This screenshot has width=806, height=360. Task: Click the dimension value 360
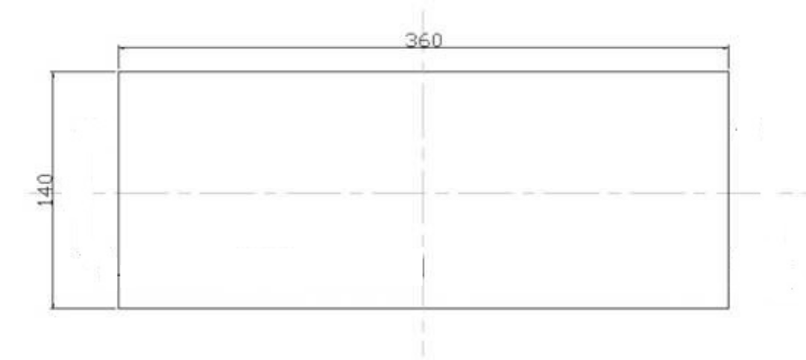[424, 40]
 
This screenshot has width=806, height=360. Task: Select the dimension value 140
[46, 191]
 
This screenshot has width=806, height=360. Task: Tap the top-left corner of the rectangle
[118, 72]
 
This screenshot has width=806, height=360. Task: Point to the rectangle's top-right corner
[729, 72]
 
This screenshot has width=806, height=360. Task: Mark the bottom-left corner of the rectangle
[118, 308]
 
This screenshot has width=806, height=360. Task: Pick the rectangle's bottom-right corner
[729, 308]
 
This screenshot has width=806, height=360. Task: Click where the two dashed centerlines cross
[423, 194]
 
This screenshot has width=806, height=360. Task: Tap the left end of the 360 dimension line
[118, 48]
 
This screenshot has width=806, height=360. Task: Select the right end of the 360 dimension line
[729, 48]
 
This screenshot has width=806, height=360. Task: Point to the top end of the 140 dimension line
[53, 72]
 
